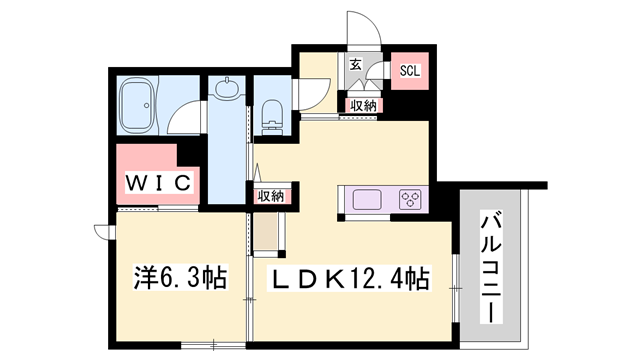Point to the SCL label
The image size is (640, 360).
(409, 71)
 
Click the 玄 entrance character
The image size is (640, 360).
(355, 67)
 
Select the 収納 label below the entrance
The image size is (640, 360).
(362, 105)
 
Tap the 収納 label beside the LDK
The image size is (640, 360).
(270, 197)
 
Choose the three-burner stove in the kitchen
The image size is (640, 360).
(410, 198)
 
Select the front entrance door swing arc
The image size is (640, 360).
(362, 30)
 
